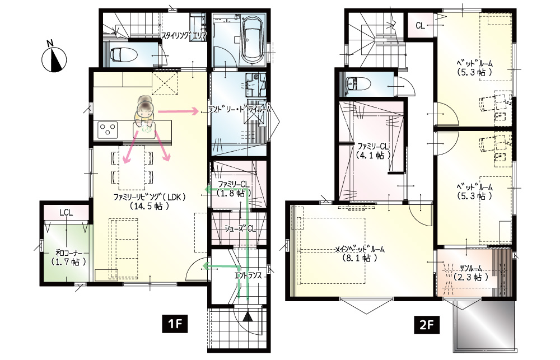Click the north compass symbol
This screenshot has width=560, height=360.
54,59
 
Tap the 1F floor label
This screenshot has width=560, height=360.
175,324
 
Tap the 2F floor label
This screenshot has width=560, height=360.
426,325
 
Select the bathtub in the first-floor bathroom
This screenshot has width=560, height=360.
253,40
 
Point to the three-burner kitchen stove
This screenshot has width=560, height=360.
108,130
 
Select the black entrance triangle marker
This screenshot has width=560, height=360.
248,316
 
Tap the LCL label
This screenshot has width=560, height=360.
66,213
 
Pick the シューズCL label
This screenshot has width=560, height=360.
240,228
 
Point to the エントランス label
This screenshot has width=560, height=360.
248,275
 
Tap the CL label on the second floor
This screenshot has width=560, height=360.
421,26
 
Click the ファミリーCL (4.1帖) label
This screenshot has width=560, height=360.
373,151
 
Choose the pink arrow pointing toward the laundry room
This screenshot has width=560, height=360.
178,112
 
